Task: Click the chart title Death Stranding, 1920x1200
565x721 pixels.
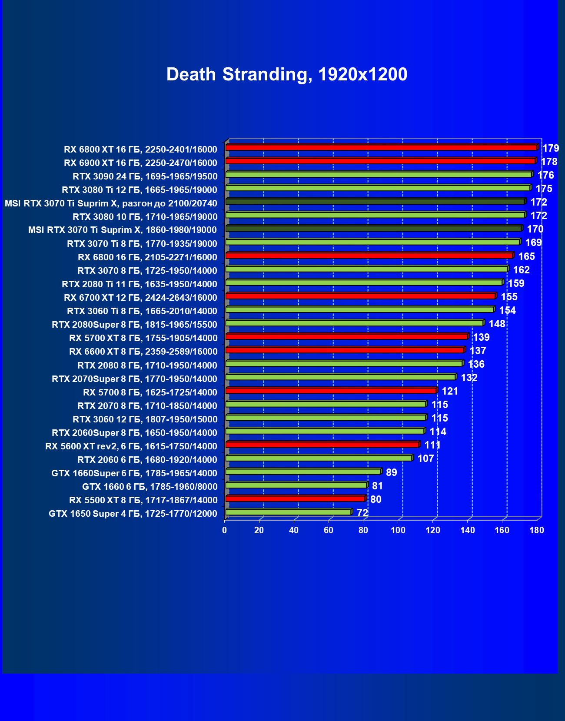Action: (x=287, y=75)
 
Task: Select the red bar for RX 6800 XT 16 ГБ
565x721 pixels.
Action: (x=381, y=148)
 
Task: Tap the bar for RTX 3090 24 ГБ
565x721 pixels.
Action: (x=379, y=175)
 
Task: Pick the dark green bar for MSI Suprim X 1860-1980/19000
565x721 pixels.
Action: (x=373, y=229)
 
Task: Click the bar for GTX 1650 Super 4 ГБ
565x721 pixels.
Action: (x=288, y=512)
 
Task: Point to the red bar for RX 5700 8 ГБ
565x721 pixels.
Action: (x=331, y=391)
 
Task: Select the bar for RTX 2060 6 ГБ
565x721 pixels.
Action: (x=319, y=458)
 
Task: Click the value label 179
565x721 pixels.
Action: (x=551, y=148)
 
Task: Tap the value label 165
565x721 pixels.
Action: (x=526, y=256)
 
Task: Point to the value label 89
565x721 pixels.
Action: (x=391, y=472)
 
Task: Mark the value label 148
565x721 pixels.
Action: (x=497, y=324)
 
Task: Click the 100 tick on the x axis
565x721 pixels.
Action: (x=398, y=530)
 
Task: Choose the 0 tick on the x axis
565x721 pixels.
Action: (x=225, y=530)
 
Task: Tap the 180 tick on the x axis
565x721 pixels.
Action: (x=537, y=530)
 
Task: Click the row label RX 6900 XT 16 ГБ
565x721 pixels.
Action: (x=140, y=163)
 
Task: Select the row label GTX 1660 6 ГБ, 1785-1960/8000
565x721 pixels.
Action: (x=150, y=487)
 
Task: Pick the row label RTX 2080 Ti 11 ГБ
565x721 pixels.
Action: (x=139, y=284)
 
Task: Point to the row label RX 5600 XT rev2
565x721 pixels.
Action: (x=131, y=446)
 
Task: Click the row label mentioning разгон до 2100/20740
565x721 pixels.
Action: (x=111, y=203)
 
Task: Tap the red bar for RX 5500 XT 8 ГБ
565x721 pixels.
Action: (x=295, y=499)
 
